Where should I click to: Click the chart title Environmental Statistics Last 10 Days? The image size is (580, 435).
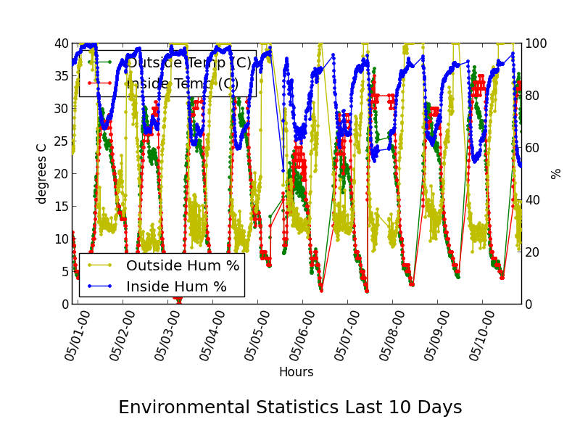(x=290, y=407)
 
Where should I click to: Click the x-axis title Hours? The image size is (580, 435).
(x=296, y=372)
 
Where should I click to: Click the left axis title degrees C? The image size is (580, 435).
(x=42, y=173)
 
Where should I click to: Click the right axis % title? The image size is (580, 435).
(x=556, y=173)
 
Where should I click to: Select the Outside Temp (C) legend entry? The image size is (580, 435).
(x=188, y=63)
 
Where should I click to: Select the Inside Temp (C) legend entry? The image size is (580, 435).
(x=181, y=83)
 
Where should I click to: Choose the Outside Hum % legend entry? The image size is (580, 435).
(x=182, y=265)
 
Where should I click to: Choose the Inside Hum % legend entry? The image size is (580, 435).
(x=176, y=286)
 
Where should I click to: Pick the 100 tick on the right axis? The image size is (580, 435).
(x=536, y=43)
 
